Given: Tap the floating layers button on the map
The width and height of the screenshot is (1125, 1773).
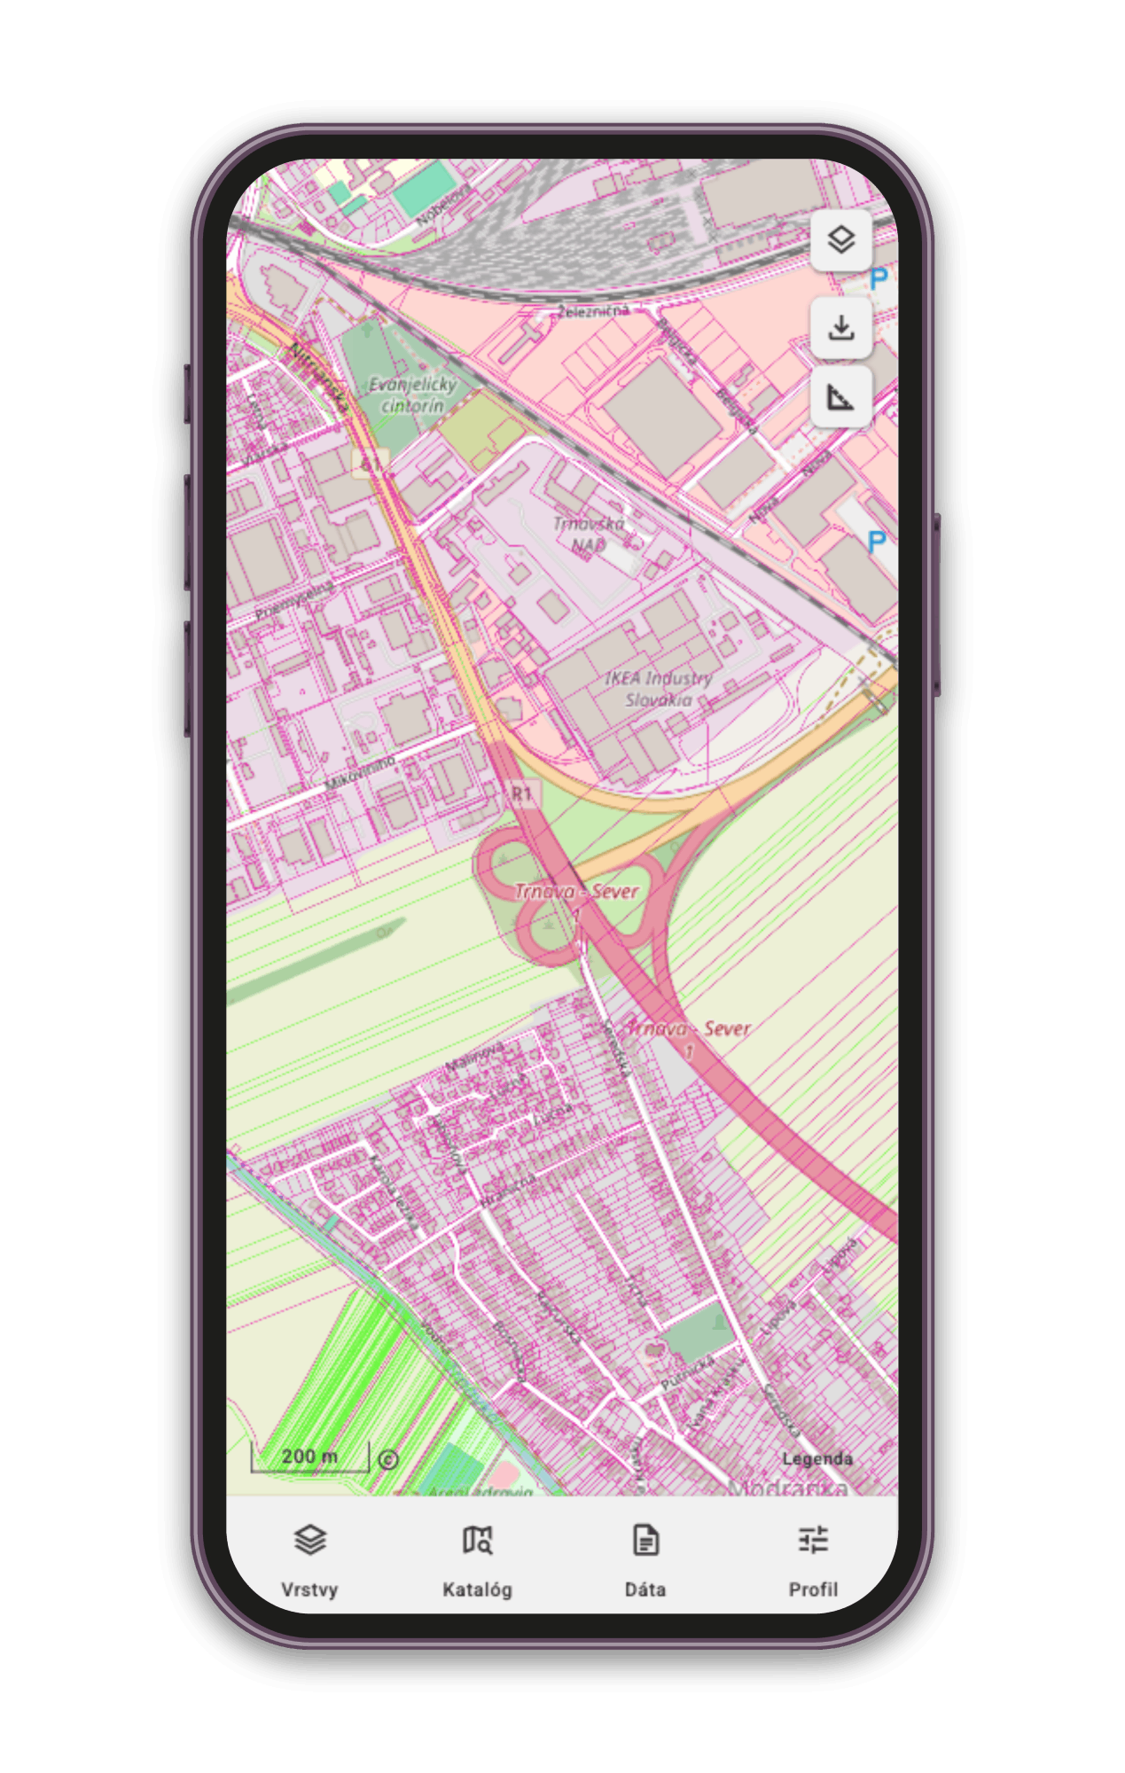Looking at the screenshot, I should coord(840,239).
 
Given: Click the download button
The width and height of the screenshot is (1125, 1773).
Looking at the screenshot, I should coord(840,328).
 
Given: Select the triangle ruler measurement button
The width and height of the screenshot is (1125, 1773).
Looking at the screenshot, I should coord(840,397).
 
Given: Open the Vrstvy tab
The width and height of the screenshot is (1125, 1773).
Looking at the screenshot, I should coord(309,1560).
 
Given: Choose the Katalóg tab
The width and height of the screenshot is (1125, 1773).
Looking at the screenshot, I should coord(477,1560).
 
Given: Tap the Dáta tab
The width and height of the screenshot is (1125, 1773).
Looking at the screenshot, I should coord(645,1560).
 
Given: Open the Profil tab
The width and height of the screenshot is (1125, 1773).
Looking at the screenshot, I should coord(813,1560).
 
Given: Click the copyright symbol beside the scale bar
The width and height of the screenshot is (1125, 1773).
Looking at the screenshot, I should coord(388,1460).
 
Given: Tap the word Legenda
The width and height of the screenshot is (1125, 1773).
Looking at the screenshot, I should coord(816,1459).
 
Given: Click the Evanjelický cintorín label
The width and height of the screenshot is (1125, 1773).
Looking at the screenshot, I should coord(412,395).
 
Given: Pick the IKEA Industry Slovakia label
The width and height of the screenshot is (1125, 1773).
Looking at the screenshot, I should coord(659,689).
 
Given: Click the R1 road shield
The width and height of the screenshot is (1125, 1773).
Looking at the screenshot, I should coord(521,793).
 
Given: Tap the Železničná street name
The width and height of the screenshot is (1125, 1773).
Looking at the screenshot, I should coord(593,311).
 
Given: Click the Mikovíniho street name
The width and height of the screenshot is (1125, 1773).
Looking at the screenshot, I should coord(360,773).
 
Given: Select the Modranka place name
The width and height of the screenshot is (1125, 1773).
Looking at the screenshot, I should coord(787,1488).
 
